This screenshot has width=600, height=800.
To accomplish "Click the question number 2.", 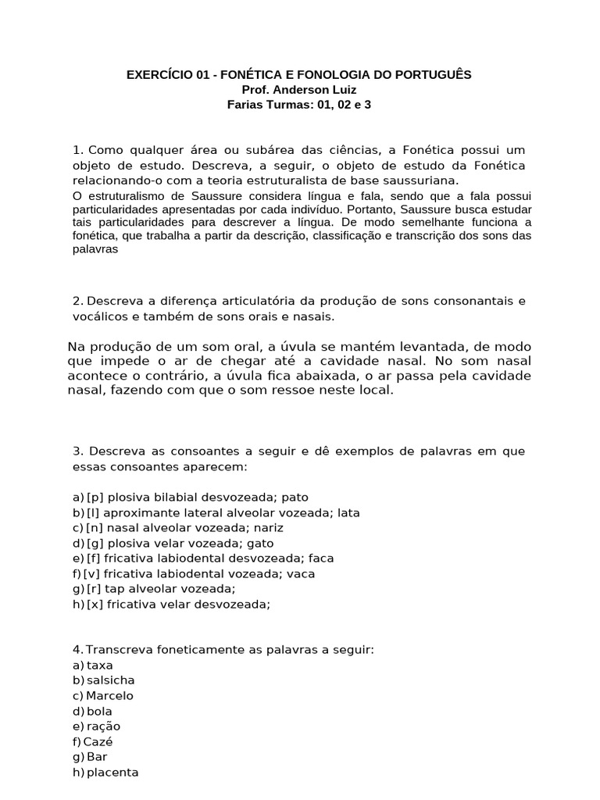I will coord(77,301).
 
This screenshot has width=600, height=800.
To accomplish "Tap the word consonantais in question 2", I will coord(477,301).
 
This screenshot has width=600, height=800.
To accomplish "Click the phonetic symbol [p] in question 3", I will coord(95,497).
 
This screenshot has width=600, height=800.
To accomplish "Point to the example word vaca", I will coord(301,573).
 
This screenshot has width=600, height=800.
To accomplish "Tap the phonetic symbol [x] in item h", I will coord(95,604).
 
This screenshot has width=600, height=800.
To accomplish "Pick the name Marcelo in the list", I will coord(109,695).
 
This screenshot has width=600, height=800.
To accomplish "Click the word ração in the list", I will coord(104,726).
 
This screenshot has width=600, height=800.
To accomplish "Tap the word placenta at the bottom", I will coord(112,772).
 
